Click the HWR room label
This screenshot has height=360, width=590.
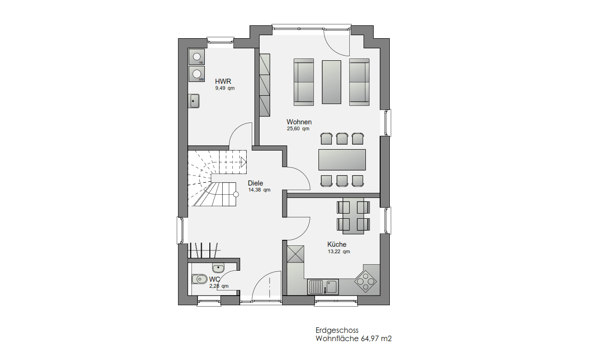point(223,81)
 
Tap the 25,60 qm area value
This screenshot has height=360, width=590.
point(298,129)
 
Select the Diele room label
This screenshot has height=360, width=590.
point(255,183)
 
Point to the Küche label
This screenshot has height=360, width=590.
point(336,244)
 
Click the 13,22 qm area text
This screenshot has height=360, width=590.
point(339,252)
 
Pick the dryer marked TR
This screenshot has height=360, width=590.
point(197,57)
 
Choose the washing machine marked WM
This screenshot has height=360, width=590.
point(197,74)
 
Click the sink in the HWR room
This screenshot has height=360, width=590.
point(194,101)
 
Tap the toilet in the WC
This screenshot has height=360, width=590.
point(199,279)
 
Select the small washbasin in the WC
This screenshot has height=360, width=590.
point(218,268)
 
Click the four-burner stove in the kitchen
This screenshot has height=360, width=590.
point(365,282)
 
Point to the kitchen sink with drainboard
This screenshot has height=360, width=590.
point(323,287)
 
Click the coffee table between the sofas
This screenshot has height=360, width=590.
point(331,82)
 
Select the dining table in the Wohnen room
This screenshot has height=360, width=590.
point(342,160)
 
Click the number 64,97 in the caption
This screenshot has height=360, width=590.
point(370,339)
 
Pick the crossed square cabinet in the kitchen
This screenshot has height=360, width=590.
point(295,254)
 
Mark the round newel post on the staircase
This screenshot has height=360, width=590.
point(236,194)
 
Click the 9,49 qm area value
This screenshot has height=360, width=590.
point(225,88)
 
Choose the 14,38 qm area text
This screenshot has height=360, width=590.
point(259,190)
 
